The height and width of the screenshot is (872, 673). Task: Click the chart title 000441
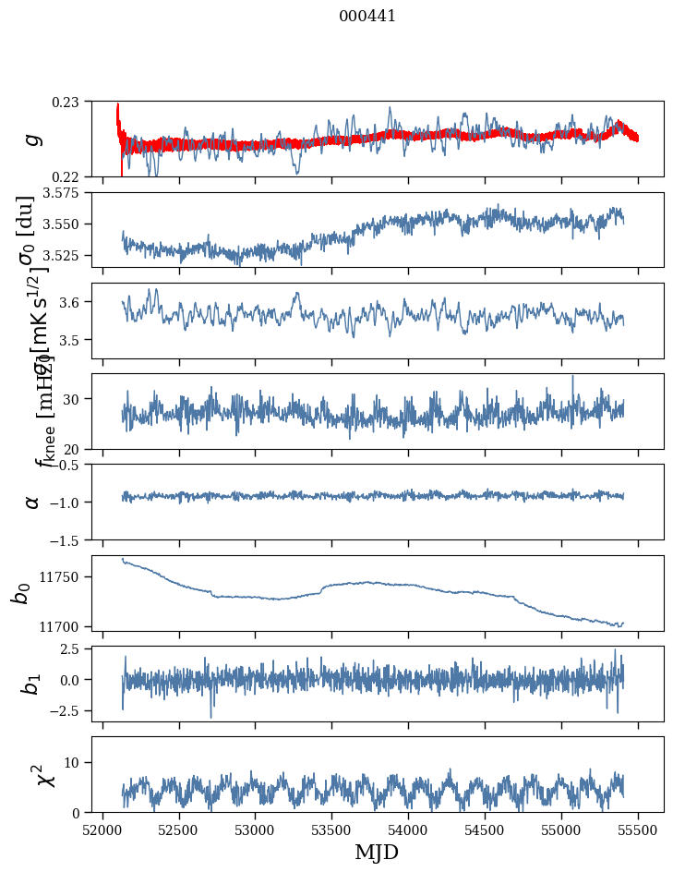pyautogui.click(x=367, y=16)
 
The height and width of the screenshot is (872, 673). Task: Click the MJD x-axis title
pyautogui.click(x=377, y=852)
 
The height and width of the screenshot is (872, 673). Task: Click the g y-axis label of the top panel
pyautogui.click(x=33, y=139)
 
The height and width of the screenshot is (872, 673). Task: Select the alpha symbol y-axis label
pyautogui.click(x=33, y=501)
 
